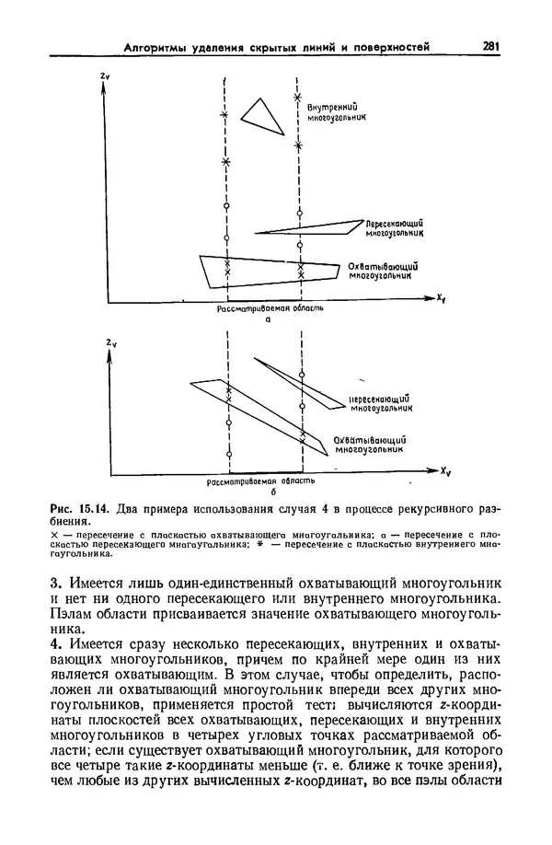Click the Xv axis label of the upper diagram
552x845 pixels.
coord(443,298)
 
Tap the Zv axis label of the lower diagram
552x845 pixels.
coord(110,343)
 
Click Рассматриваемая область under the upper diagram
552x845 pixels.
coord(269,309)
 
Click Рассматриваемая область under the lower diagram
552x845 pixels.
coord(262,481)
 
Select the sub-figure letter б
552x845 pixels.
coord(263,492)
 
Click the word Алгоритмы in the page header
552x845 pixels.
coord(156,47)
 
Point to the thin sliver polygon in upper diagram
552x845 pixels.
coord(308,226)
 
